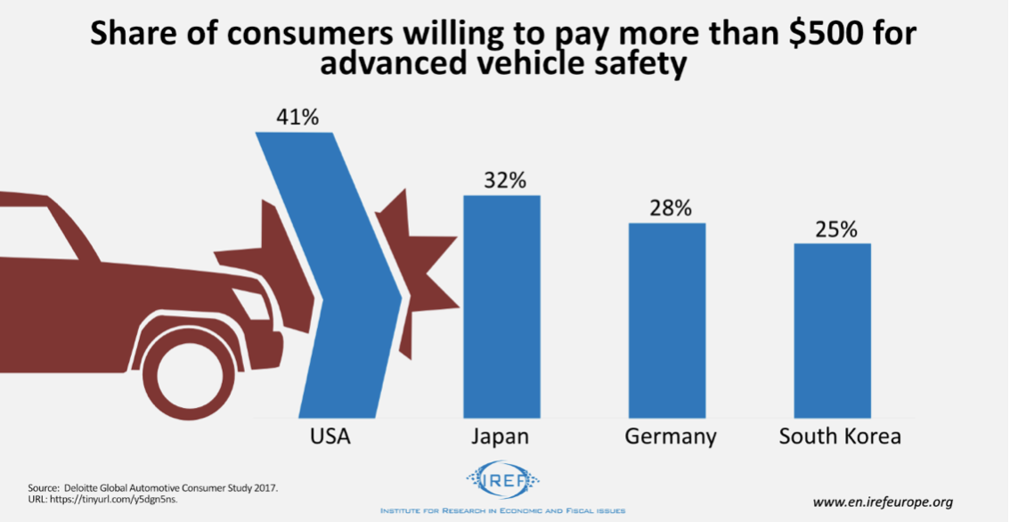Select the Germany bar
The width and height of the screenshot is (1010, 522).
click(667, 320)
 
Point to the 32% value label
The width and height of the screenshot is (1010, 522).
click(502, 179)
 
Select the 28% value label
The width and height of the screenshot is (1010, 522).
click(669, 208)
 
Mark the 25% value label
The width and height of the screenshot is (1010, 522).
click(835, 229)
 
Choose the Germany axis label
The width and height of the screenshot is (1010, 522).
click(670, 437)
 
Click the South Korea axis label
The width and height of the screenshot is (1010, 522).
click(840, 437)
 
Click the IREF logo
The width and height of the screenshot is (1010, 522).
click(502, 483)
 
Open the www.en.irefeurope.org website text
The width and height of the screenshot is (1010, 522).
click(882, 502)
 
